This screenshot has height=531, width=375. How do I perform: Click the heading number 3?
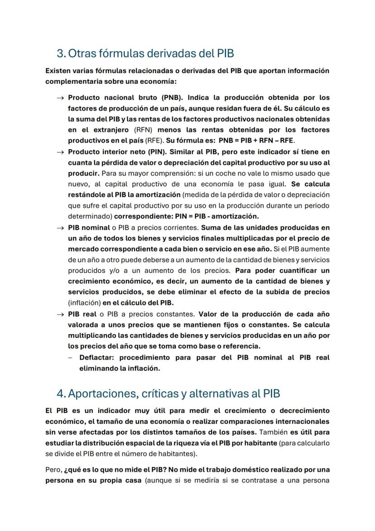(x=61, y=54)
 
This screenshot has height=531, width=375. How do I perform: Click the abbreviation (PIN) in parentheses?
(x=154, y=151)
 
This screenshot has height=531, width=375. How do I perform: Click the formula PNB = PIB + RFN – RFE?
(x=256, y=141)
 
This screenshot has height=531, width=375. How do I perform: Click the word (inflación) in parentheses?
(x=84, y=303)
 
